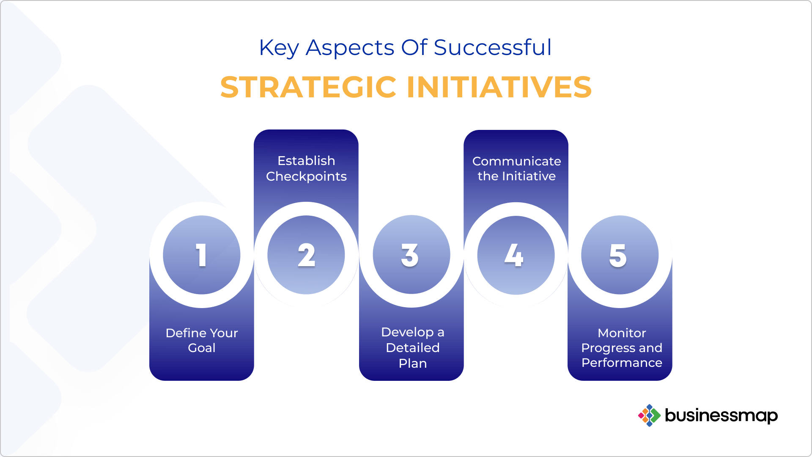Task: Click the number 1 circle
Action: point(202,255)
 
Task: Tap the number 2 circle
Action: point(306,255)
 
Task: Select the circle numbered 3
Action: point(411,254)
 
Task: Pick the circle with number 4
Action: point(516,255)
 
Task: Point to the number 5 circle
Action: point(620,255)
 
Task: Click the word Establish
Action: point(306,161)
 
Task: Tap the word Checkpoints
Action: point(306,176)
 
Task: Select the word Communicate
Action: point(516,161)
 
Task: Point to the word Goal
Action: point(202,348)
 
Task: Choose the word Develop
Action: point(407,332)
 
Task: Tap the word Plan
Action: point(412,363)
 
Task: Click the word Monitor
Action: point(622,333)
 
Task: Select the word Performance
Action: point(622,363)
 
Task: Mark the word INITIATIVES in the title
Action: point(499,87)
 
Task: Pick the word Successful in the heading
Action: point(493,47)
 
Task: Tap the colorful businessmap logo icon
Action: point(649,415)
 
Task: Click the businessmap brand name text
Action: point(721,416)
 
